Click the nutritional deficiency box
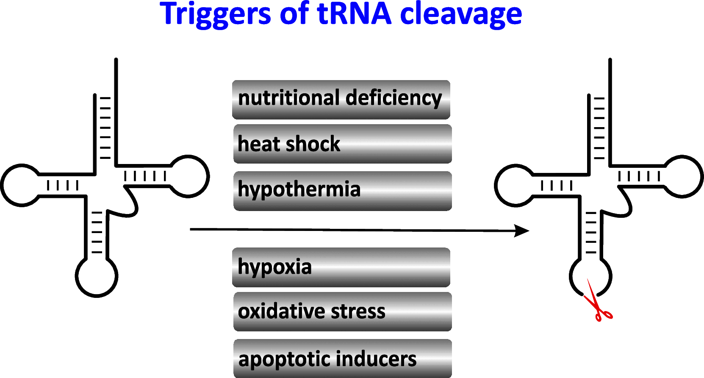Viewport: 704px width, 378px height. tap(341, 100)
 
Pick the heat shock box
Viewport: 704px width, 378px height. tap(342, 144)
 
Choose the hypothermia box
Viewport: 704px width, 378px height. tap(342, 191)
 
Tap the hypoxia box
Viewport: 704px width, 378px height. tap(341, 267)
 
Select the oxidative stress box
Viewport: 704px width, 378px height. tap(342, 311)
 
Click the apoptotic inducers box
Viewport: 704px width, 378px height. tap(342, 359)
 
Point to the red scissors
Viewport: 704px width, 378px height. tap(596, 303)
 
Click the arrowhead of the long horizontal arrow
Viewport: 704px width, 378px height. tap(522, 231)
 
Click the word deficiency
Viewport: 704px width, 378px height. tap(394, 98)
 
